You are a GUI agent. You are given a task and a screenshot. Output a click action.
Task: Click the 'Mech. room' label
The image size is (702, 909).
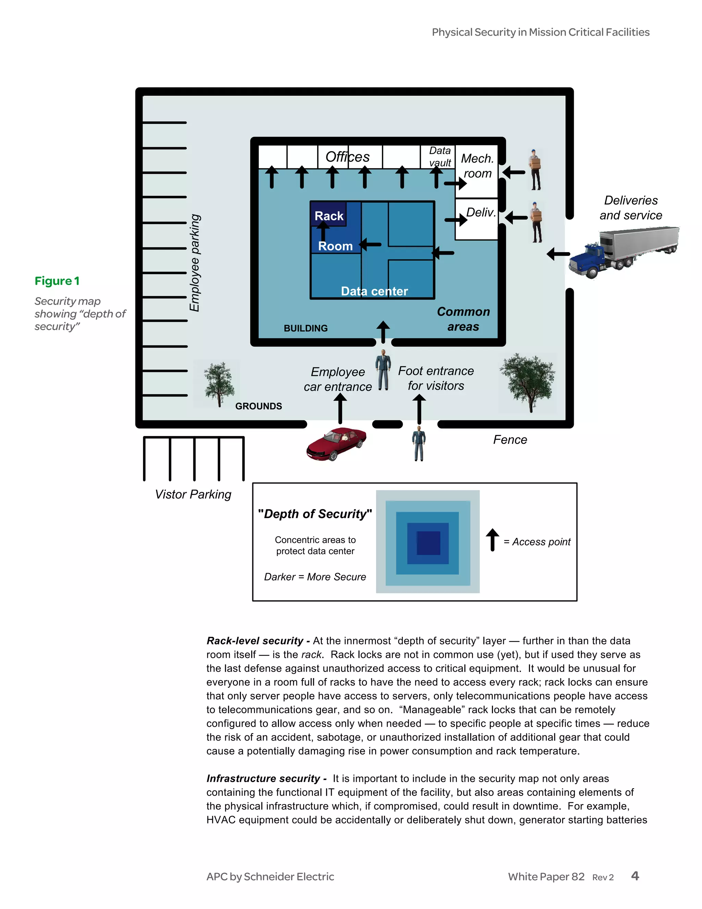[x=477, y=166]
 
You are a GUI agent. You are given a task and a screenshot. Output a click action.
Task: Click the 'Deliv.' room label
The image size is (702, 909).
[x=481, y=212]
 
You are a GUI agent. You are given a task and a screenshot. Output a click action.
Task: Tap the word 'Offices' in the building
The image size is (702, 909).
[x=347, y=157]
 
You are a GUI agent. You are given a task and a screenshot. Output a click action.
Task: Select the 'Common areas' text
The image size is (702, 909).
[x=463, y=319]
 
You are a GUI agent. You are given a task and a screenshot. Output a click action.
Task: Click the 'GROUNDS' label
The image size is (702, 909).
[x=258, y=406]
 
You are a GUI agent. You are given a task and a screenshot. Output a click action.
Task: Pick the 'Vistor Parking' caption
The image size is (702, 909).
[x=193, y=494]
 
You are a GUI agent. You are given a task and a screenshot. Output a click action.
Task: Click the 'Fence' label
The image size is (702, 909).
[x=510, y=440]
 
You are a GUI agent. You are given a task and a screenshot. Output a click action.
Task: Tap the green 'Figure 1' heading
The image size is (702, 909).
[x=57, y=281]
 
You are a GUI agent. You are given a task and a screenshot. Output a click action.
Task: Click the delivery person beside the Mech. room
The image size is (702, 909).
[x=535, y=170]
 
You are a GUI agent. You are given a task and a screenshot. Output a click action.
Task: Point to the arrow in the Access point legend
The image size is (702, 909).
[x=493, y=540]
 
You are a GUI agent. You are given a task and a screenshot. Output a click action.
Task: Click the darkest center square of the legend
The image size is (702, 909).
[x=428, y=543]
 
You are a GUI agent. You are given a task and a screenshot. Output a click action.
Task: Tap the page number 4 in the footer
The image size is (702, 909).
[x=634, y=876]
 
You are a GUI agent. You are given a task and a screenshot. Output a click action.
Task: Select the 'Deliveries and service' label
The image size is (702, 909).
[x=630, y=208]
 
